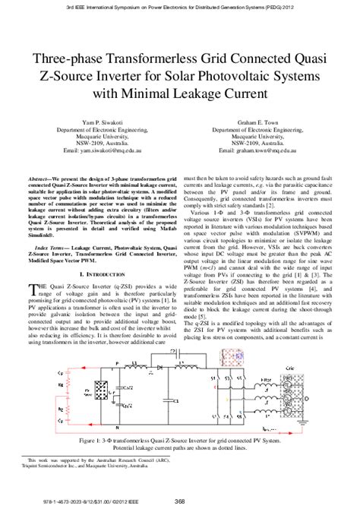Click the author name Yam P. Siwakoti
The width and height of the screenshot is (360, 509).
click(100, 122)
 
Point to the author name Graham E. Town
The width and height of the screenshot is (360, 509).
click(259, 122)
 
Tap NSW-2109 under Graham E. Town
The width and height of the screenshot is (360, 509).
click(245, 142)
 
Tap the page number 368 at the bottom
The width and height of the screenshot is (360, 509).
click(180, 499)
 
